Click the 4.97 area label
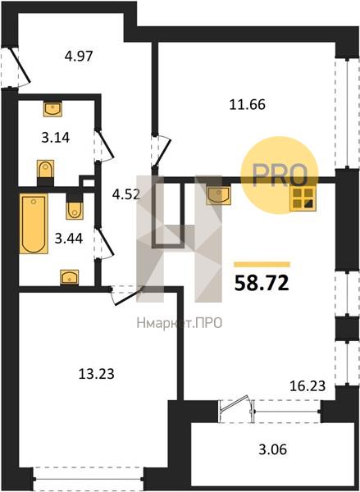79,57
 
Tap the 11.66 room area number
248,104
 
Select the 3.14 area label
56,138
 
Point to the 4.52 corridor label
126,194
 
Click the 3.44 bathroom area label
69,239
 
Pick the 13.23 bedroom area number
96,374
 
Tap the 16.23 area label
308,386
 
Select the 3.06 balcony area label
273,449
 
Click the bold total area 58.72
262,283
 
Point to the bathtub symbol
34,223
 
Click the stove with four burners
303,199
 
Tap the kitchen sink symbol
218,195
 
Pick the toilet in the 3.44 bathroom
75,206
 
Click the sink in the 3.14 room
52,109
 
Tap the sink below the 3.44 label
70,277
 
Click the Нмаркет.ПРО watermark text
180,323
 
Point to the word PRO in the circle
280,175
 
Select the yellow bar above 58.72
262,265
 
